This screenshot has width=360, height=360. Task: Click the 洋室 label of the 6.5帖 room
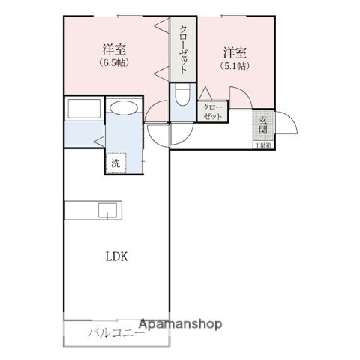pyautogui.click(x=114, y=49)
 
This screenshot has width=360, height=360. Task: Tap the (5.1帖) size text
pyautogui.click(x=234, y=65)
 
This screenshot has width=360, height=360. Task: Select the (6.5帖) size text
pyautogui.click(x=114, y=62)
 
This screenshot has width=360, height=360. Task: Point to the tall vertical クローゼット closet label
pyautogui.click(x=182, y=49)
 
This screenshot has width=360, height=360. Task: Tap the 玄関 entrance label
pyautogui.click(x=262, y=124)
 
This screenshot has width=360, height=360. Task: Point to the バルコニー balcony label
pyautogui.click(x=114, y=331)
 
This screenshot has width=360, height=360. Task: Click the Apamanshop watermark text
pyautogui.click(x=178, y=324)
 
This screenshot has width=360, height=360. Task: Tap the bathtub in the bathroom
pyautogui.click(x=82, y=109)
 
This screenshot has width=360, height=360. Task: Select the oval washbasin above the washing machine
pyautogui.click(x=123, y=109)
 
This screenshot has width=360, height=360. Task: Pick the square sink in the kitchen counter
pyautogui.click(x=109, y=210)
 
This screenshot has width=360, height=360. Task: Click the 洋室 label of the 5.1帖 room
pyautogui.click(x=234, y=52)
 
